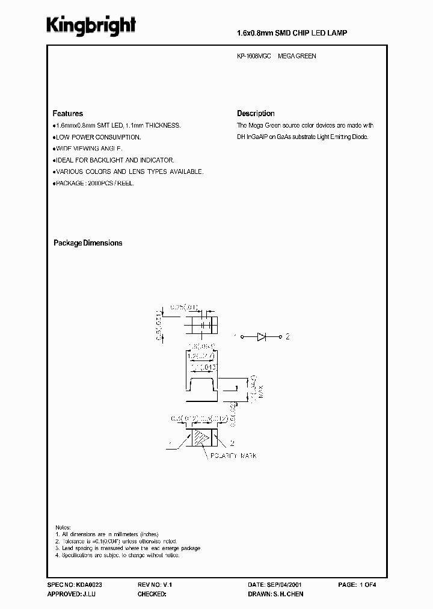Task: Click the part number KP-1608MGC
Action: (x=254, y=56)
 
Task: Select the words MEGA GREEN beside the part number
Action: (x=297, y=56)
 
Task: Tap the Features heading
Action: (x=68, y=113)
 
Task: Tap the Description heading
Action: (x=256, y=113)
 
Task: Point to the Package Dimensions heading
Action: (x=88, y=243)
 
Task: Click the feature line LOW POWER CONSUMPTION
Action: (x=98, y=137)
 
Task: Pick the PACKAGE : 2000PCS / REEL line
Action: (x=94, y=183)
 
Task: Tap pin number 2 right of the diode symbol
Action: (x=287, y=337)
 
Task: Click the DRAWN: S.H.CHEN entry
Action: (x=276, y=594)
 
